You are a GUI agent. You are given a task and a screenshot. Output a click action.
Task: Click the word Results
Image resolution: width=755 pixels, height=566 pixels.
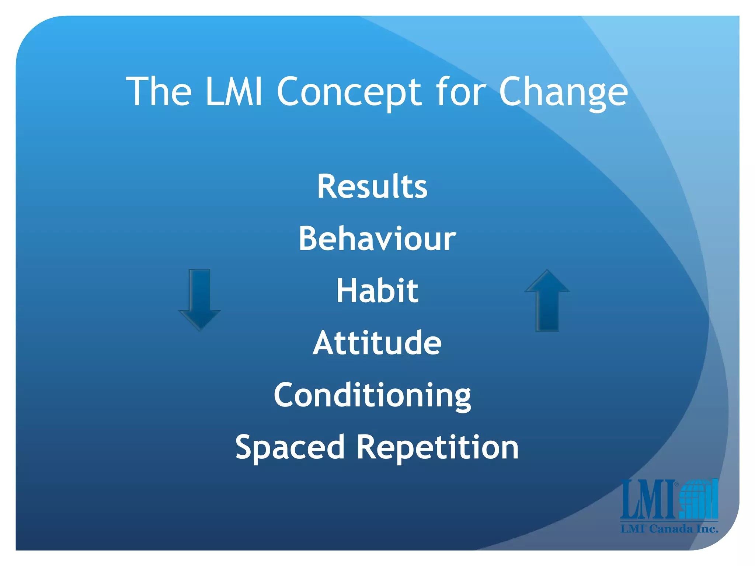point(372,186)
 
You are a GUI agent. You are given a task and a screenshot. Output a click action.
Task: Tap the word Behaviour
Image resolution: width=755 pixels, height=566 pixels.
point(377,239)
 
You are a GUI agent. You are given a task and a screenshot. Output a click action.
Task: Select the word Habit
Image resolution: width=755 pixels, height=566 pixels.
point(377,291)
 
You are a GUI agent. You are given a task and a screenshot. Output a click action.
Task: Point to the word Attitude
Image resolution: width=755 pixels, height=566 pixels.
point(377,343)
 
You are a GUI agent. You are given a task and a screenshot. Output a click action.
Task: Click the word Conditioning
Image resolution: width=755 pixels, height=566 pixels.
point(372,395)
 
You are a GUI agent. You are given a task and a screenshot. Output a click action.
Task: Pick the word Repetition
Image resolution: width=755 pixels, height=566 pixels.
point(438,447)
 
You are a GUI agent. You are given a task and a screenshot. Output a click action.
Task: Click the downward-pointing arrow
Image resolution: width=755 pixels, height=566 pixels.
point(199,299)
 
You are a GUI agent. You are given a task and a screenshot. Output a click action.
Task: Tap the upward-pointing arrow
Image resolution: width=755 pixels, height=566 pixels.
point(547,300)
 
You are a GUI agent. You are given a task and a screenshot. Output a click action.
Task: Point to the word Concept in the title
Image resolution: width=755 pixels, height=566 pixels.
point(349,92)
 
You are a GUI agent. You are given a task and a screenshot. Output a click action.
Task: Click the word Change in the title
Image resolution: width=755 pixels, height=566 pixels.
point(563,92)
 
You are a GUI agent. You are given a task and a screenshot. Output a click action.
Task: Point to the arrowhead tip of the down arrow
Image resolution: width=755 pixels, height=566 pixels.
point(199,329)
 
